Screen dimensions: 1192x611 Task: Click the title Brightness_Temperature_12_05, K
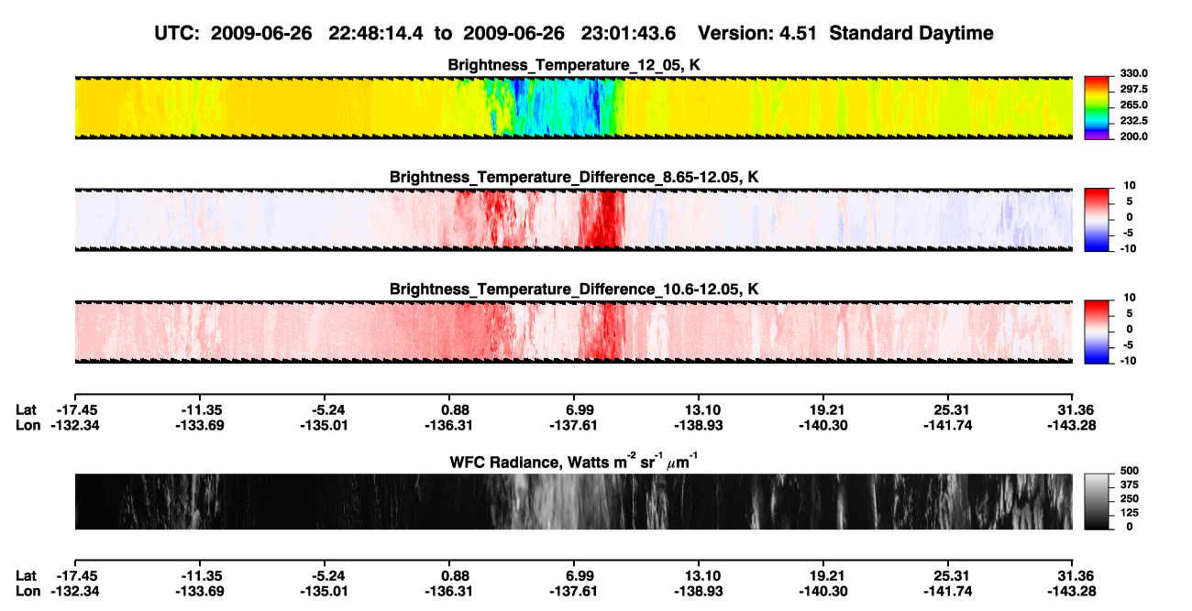574,65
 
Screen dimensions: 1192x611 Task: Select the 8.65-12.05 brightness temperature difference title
574,177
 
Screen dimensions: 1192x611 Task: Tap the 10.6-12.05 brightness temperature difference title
574,289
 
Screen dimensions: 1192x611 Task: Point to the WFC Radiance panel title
574,461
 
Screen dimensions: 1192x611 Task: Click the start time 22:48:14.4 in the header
376,34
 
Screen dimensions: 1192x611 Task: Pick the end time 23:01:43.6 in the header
628,34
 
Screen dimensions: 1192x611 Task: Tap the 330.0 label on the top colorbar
1133,73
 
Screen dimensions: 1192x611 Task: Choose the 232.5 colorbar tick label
1133,121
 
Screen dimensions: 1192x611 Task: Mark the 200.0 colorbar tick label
1133,136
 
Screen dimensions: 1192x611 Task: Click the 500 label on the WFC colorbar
1130,471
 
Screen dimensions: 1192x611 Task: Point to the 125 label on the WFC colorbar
1130,513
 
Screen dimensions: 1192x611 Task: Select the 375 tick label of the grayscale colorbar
1130,485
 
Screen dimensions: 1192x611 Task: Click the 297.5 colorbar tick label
1133,90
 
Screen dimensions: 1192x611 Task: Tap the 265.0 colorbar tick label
1133,105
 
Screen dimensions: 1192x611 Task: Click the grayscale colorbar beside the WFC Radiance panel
1097,501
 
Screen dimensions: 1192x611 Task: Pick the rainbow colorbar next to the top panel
1097,108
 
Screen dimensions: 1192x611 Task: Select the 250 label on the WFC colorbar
1130,499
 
